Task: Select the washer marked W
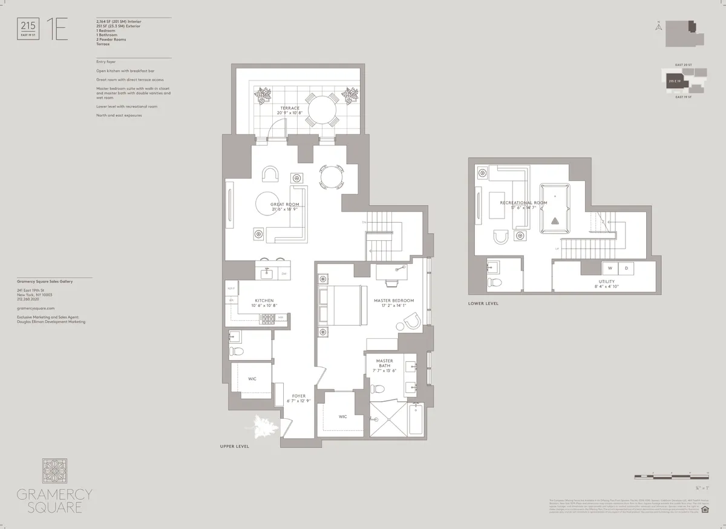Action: (609, 268)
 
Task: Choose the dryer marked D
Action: (626, 268)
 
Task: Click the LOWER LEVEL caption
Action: (483, 303)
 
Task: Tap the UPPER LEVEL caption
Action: (234, 446)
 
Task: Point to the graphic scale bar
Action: (671, 477)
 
